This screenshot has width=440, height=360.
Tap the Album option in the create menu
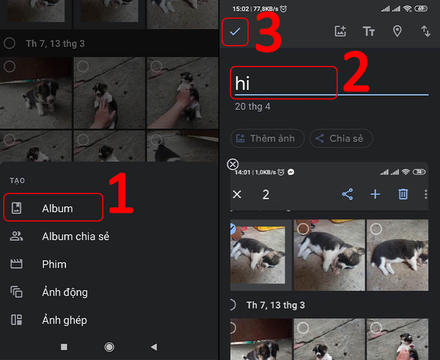click(x=57, y=208)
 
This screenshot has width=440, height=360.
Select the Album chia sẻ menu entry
click(x=75, y=236)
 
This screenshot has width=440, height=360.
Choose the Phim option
click(x=54, y=264)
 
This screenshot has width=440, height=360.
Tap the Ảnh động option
click(x=64, y=292)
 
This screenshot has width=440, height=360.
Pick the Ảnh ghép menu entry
click(x=64, y=320)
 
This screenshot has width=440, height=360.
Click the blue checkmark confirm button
click(x=235, y=32)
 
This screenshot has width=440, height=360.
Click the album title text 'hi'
click(x=243, y=84)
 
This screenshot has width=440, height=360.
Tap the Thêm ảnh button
click(x=267, y=139)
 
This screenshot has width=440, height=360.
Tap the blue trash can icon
click(x=403, y=194)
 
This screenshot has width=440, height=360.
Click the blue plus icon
click(x=375, y=194)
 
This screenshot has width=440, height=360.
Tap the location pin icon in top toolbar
click(x=397, y=31)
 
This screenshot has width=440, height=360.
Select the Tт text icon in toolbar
click(x=369, y=31)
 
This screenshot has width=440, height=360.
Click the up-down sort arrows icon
click(x=426, y=31)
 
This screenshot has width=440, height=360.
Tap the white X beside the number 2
click(x=237, y=194)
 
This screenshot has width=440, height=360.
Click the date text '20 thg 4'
click(x=252, y=107)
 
